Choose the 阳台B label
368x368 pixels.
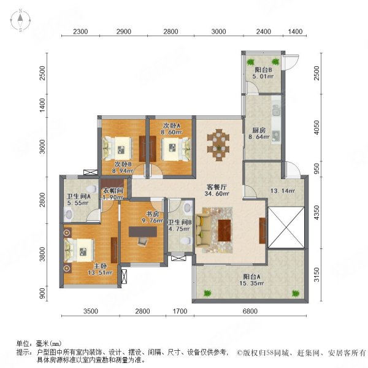point(262,71)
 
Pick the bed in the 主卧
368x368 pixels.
point(80,250)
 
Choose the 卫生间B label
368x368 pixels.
point(181,223)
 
